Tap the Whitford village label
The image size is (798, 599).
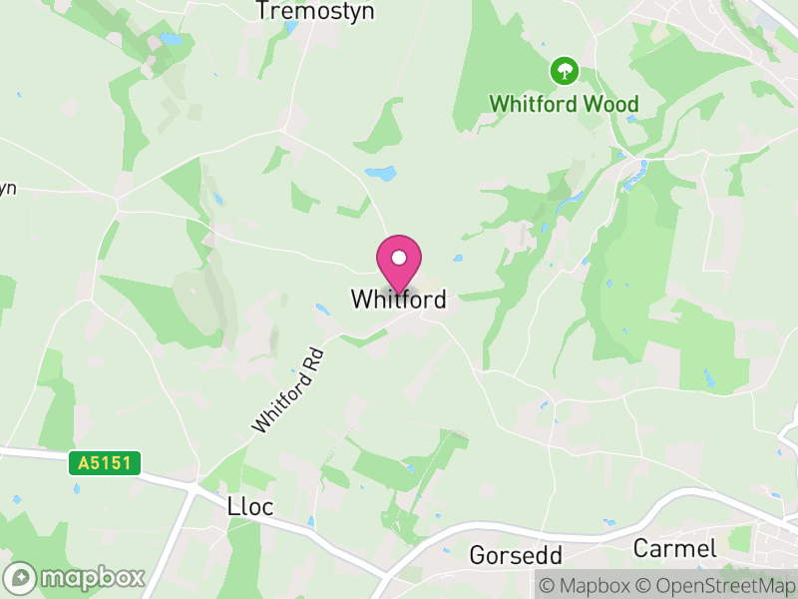(x=398, y=299)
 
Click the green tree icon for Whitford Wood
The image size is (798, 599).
(x=565, y=71)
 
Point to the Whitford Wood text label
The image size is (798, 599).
(x=564, y=103)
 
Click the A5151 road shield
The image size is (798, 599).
(x=105, y=463)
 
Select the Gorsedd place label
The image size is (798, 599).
(x=516, y=555)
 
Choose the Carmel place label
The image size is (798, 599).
(x=675, y=548)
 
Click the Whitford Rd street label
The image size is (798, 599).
(x=288, y=390)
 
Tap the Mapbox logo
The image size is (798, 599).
(x=76, y=578)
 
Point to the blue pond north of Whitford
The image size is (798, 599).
(x=381, y=173)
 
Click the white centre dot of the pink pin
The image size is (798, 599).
(x=398, y=258)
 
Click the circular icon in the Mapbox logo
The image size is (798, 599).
(x=21, y=578)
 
